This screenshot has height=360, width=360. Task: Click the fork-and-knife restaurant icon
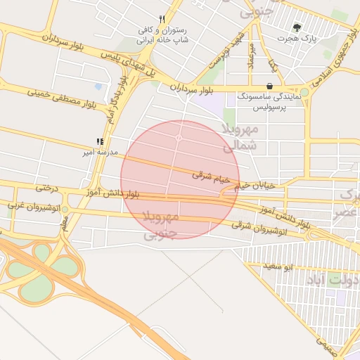162,19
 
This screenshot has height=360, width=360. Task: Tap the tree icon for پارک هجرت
298,27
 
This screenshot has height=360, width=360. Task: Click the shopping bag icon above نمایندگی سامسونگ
269,85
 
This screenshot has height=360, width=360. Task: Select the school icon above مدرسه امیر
99,141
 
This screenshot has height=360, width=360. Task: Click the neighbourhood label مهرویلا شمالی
240,138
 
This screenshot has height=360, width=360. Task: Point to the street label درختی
46,188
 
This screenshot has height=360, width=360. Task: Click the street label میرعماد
250,56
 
